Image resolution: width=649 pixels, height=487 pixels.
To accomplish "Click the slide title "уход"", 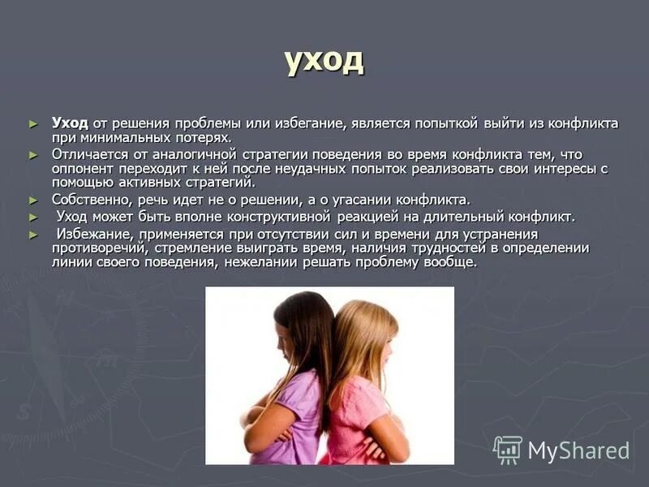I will pos(324,61).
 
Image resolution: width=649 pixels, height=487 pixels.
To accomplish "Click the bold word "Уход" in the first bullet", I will pos(70,123).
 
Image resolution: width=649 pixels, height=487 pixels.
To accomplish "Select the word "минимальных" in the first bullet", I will pos(119,138).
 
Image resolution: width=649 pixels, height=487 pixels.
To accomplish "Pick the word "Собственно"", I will pos(88,200).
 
